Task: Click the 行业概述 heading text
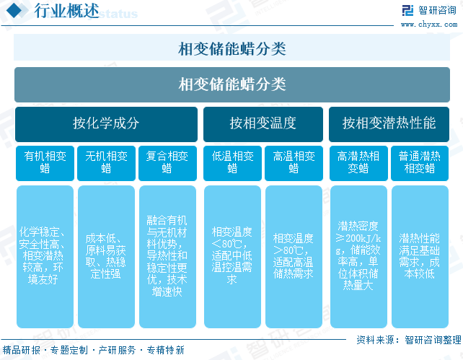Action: click(66, 11)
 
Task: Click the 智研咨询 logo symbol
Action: click(407, 10)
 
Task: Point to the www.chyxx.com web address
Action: click(429, 25)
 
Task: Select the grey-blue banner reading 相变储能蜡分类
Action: click(232, 84)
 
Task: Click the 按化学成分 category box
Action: click(106, 124)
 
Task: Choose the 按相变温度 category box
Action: click(263, 124)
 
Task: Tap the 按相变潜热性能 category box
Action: click(389, 124)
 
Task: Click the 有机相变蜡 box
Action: click(45, 163)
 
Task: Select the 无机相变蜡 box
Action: click(106, 163)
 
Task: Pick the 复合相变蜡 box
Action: click(167, 163)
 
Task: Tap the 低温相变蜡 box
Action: click(232, 163)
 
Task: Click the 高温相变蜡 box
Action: click(294, 163)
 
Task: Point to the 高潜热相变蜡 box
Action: click(358, 163)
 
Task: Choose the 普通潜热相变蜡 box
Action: click(420, 163)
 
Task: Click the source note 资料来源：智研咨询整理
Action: click(409, 340)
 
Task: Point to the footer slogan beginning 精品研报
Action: click(93, 350)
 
